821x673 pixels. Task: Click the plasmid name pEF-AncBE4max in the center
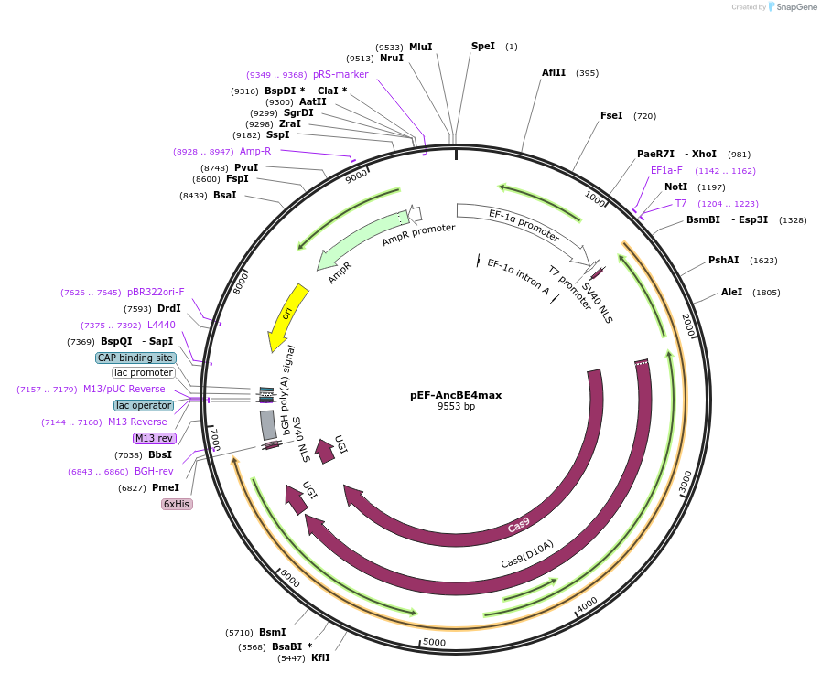(x=456, y=395)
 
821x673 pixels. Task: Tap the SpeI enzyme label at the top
(x=482, y=46)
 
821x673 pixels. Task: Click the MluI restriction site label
(x=420, y=47)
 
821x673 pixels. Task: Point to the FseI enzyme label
(x=610, y=116)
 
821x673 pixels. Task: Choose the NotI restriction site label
(x=675, y=187)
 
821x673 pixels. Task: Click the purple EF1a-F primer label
(x=666, y=171)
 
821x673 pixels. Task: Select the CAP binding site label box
(x=135, y=358)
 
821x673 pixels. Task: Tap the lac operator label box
(x=143, y=405)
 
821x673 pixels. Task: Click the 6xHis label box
(x=177, y=504)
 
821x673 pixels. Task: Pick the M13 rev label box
(x=153, y=439)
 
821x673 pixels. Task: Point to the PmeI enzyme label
(x=165, y=488)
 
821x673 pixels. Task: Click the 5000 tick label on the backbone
(x=434, y=642)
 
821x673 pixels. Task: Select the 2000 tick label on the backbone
(x=688, y=323)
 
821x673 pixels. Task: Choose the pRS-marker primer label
(x=340, y=75)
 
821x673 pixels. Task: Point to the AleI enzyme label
(x=731, y=293)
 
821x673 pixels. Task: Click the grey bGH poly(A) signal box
(x=268, y=425)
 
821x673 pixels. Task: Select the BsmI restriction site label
(x=272, y=632)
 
